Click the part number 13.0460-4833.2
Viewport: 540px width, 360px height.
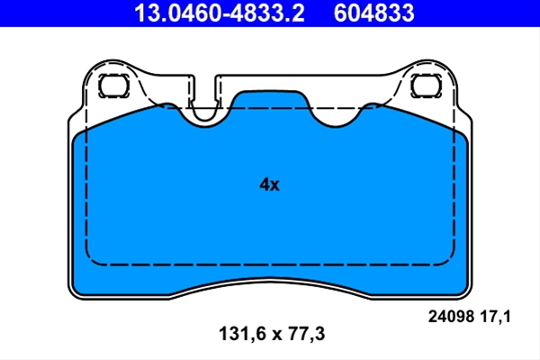[219, 13]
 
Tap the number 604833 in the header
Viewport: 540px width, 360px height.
[373, 13]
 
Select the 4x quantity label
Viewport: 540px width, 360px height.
[269, 184]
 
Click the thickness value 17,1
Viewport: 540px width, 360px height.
[495, 317]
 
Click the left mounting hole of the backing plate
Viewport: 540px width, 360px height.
[113, 85]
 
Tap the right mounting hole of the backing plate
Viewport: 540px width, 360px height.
[426, 85]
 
